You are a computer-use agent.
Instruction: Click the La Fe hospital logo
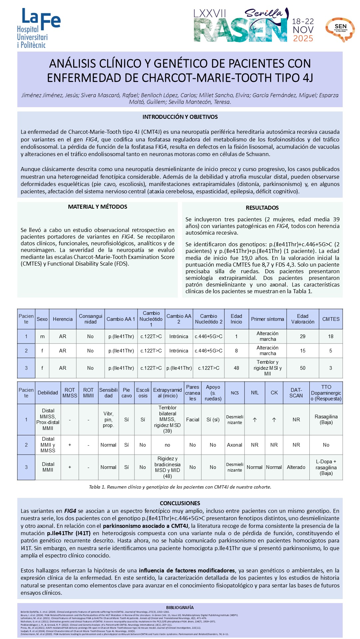click(x=38, y=28)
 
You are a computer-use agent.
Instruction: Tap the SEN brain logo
click(x=340, y=29)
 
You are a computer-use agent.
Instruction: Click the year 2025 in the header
click(x=303, y=39)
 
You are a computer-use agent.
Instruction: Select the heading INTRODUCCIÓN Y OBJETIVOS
click(x=180, y=117)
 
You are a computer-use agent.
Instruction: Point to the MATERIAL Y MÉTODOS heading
click(x=98, y=207)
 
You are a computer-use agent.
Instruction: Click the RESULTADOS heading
click(x=262, y=208)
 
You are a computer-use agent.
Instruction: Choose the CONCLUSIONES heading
click(x=180, y=503)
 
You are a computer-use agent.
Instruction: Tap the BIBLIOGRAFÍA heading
click(x=180, y=607)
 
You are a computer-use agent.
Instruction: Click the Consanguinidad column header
click(x=90, y=319)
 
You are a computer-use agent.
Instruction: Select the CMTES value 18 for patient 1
click(x=330, y=336)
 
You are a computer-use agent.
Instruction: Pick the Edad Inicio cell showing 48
click(x=236, y=368)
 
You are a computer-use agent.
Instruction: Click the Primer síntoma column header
click(x=267, y=319)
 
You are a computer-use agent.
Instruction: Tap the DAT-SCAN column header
click(x=296, y=393)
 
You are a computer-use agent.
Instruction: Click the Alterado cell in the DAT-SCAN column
click(x=296, y=467)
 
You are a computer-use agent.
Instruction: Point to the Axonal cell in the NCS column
click(x=234, y=445)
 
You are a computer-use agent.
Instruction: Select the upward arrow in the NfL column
click(x=255, y=420)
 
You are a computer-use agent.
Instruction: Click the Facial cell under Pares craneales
click(x=192, y=420)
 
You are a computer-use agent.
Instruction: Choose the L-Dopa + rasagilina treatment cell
click(x=326, y=467)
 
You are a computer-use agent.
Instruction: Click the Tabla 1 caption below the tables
click(x=180, y=487)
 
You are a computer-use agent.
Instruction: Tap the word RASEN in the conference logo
click(x=240, y=31)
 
